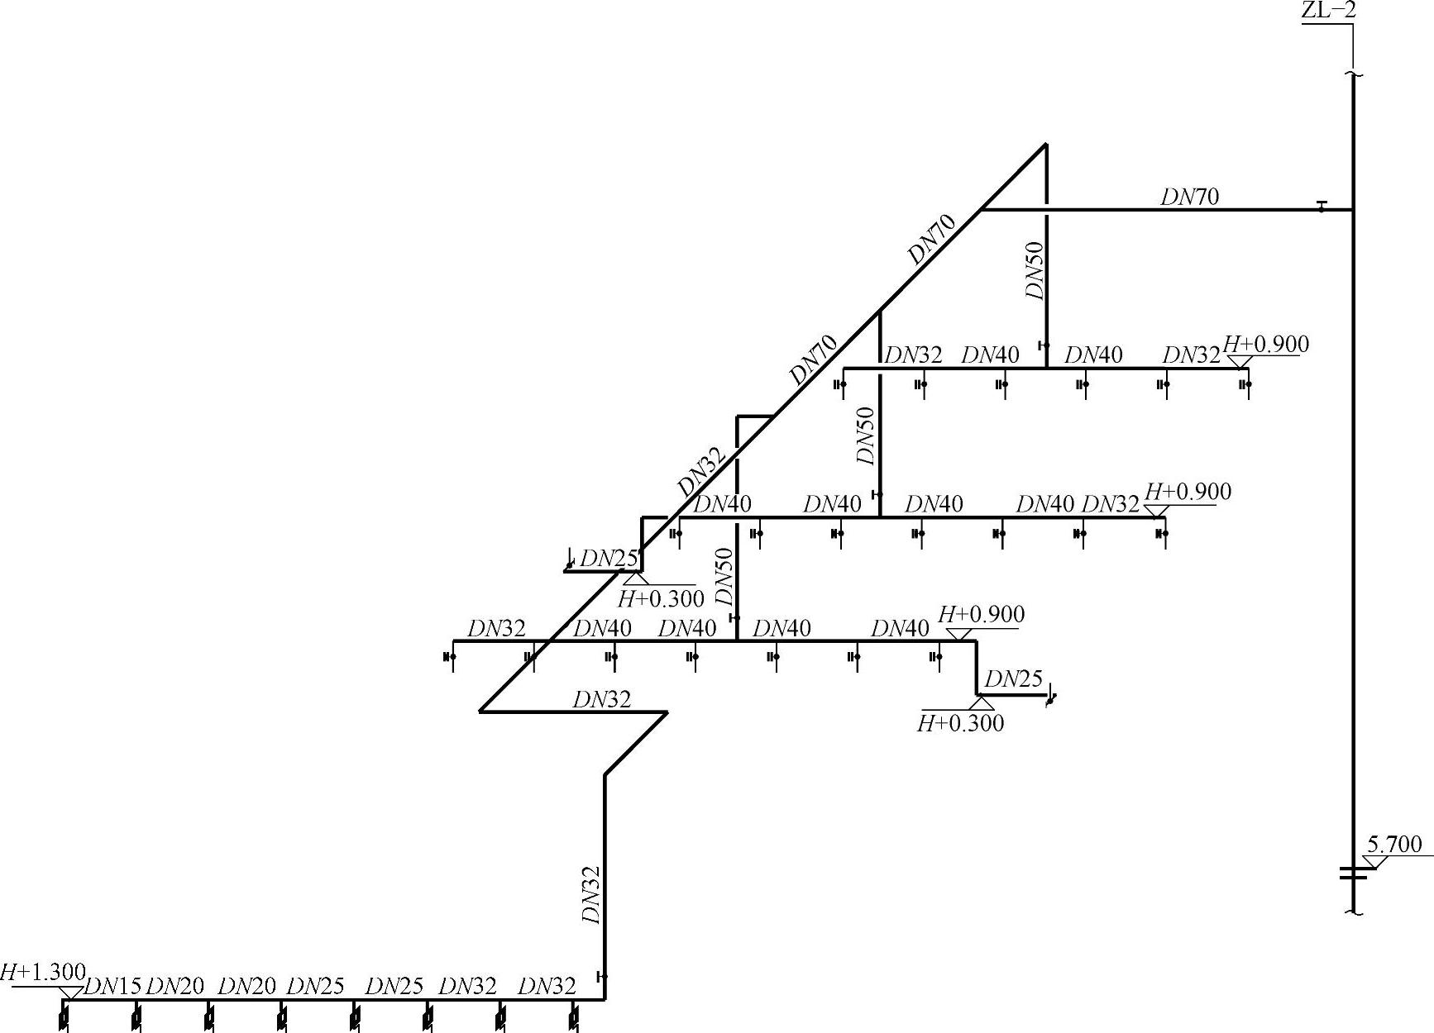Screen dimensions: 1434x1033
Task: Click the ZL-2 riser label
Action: point(1328,11)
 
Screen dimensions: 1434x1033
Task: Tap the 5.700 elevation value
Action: point(1394,845)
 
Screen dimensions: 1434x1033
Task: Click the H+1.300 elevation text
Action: point(42,972)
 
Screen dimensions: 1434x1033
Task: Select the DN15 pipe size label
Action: point(113,986)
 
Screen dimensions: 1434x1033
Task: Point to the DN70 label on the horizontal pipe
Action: point(1189,197)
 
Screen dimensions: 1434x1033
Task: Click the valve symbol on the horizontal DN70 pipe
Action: point(1321,207)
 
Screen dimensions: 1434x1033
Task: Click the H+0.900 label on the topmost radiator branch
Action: point(1266,344)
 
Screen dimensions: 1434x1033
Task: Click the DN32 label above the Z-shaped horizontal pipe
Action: point(602,700)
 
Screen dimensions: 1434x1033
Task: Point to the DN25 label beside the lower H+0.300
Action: point(1014,678)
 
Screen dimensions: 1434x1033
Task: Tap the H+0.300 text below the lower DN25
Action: point(961,724)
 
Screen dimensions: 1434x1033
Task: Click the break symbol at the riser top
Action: point(1353,76)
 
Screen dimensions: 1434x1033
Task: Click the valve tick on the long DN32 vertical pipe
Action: point(601,976)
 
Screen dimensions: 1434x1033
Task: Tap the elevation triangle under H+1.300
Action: point(70,993)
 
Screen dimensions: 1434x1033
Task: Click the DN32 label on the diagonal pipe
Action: point(701,472)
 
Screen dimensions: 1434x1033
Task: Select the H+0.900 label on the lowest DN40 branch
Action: point(982,614)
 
